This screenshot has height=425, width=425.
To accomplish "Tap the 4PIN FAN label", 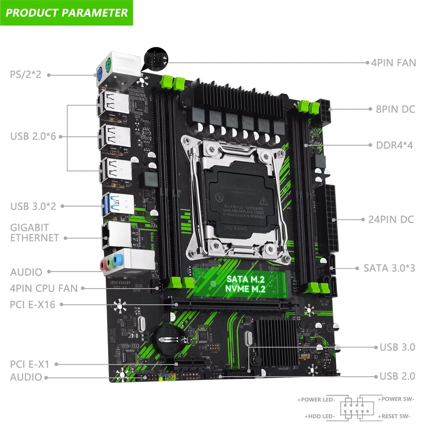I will coord(393,62).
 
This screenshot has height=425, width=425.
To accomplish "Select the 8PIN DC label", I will coord(395,108).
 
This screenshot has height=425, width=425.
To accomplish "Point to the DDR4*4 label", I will coord(394,145).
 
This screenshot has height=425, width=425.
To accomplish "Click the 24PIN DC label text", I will coord(391,219).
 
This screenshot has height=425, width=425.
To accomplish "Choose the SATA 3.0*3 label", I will coord(389,268).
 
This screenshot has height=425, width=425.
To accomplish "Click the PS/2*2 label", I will coord(26,74).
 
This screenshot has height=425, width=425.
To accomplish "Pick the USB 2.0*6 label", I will coord(33,136).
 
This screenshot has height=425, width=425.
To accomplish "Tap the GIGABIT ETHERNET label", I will coord(35,232).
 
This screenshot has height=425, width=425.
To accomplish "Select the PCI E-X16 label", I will coord(32,304).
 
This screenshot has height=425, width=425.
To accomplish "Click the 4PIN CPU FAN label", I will coord(44,288).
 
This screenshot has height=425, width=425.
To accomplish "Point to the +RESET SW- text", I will coord(394,416).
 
